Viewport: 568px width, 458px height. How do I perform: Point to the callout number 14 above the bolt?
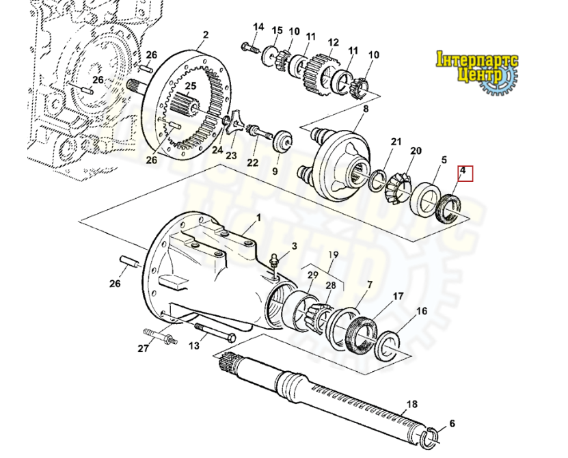258,27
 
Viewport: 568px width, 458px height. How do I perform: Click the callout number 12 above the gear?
333,42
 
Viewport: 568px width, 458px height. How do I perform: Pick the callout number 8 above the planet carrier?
366,109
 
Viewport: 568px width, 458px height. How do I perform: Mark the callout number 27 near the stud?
143,349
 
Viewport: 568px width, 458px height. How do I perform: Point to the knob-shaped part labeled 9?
281,142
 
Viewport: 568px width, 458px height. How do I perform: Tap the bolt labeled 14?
249,49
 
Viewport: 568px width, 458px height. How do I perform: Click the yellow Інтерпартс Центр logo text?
478,66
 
